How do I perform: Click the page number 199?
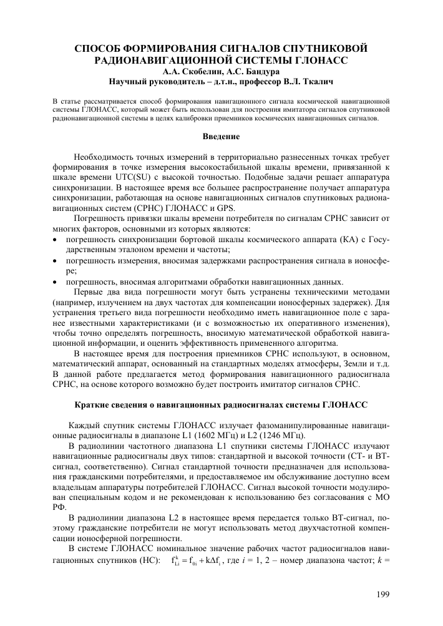(x=382, y=594)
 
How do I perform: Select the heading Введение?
(x=221, y=136)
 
